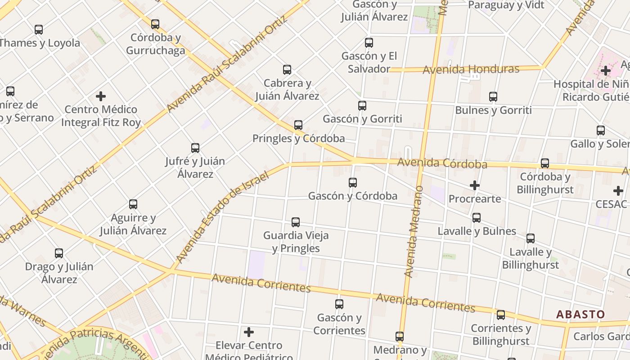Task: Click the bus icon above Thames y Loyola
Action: [x=39, y=30]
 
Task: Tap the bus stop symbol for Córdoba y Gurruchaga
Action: [x=155, y=24]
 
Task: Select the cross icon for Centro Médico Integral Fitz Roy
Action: [x=101, y=96]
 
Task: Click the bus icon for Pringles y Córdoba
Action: [x=298, y=125]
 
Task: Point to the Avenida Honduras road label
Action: [x=471, y=69]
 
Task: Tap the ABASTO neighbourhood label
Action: [x=580, y=314]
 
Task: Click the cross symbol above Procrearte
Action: [x=475, y=185]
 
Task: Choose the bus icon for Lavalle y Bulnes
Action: [x=477, y=218]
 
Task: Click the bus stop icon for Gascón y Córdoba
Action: [x=353, y=182]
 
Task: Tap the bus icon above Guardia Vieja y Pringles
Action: [x=296, y=222]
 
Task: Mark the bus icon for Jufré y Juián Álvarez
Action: [x=195, y=148]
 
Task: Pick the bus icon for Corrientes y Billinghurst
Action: [x=501, y=315]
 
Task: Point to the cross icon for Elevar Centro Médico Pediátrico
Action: [x=249, y=332]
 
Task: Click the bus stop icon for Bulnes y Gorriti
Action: [x=493, y=97]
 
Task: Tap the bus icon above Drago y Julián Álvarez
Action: [x=59, y=253]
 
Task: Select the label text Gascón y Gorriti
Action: [x=362, y=119]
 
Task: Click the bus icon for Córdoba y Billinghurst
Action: [x=545, y=163]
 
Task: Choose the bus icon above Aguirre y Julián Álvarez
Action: [x=133, y=204]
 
